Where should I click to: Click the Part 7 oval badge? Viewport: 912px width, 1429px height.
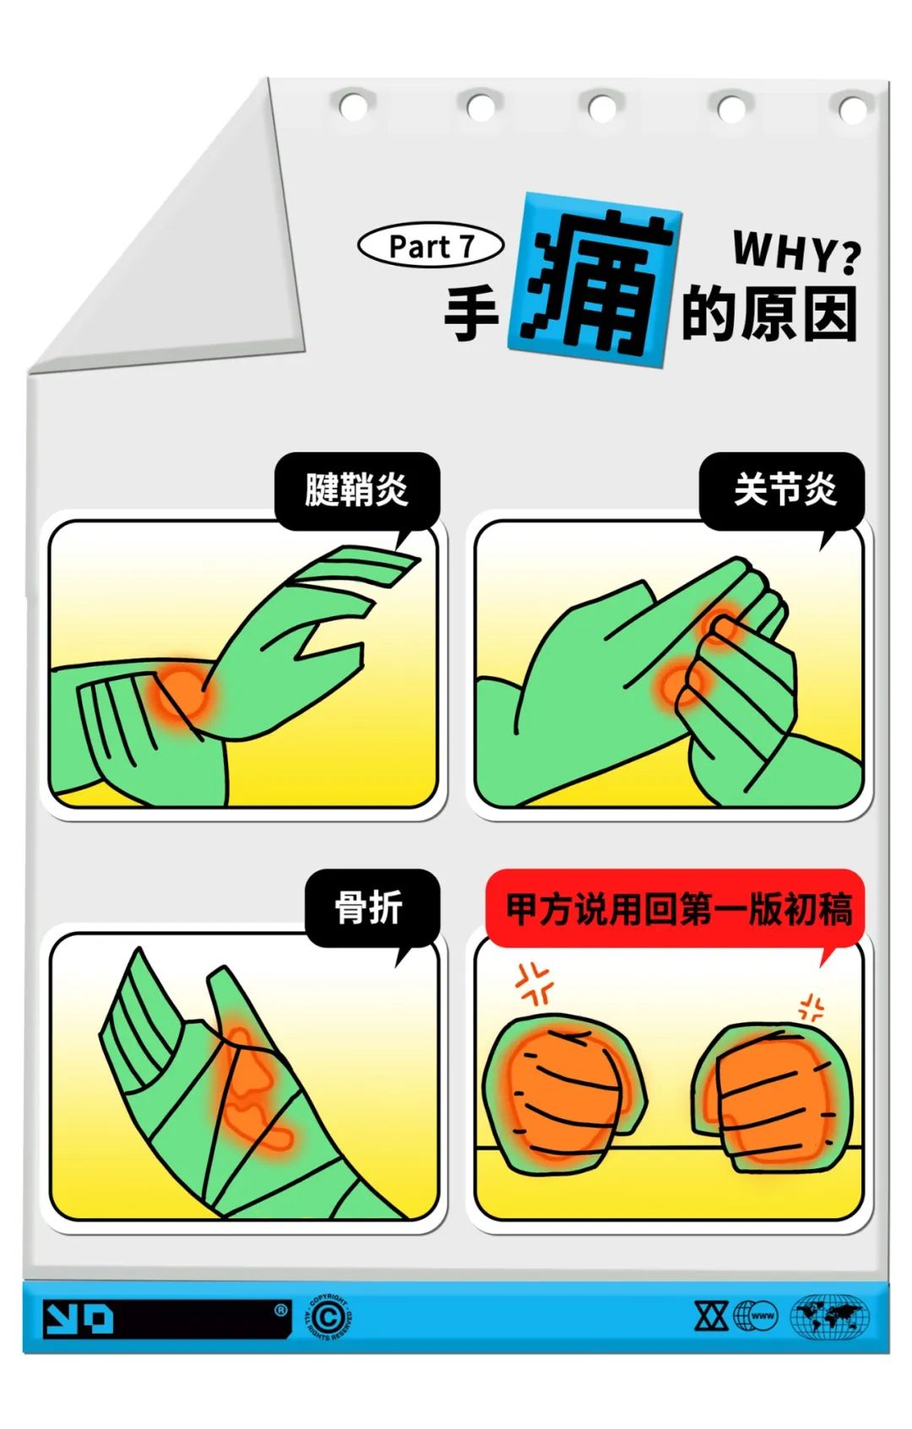[430, 246]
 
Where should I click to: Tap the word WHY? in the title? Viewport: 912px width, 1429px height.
[796, 252]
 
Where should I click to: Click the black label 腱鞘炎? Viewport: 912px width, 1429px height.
[356, 490]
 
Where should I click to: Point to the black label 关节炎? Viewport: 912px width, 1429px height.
[784, 490]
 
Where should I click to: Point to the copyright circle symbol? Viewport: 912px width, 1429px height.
[328, 1315]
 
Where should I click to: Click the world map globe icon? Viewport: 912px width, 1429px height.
[830, 1315]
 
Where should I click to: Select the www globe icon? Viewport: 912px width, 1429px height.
[757, 1315]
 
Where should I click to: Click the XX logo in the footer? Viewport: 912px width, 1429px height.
[711, 1315]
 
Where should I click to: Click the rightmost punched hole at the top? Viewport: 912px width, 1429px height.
[853, 108]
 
